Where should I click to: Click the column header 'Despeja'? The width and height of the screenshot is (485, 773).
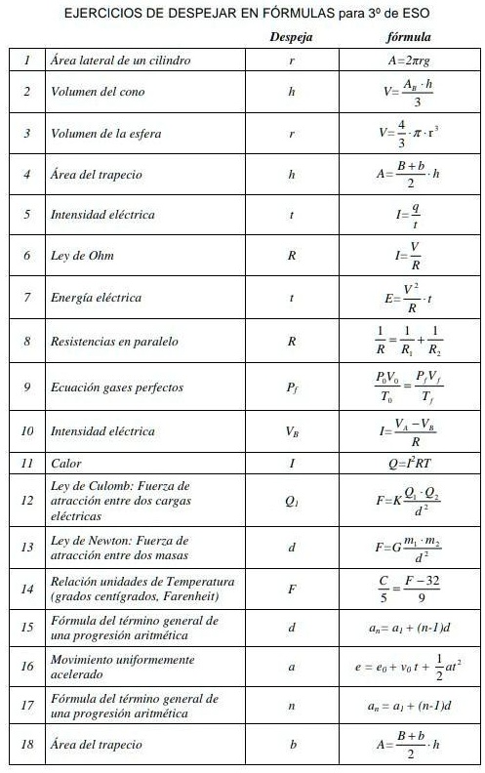(291, 38)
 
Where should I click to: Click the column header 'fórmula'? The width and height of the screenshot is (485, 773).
(409, 38)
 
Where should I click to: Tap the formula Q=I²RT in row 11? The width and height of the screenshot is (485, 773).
(409, 464)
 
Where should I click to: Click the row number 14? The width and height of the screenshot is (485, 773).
(27, 589)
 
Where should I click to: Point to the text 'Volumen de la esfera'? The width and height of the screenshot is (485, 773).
(105, 133)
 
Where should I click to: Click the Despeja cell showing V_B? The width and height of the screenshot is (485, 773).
(292, 430)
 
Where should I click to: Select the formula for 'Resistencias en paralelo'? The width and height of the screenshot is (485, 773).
(409, 343)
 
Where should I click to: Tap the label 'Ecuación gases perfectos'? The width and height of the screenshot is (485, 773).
(116, 387)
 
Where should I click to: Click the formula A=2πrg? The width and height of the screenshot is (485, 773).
(409, 61)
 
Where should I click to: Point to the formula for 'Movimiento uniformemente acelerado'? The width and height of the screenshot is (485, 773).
(409, 668)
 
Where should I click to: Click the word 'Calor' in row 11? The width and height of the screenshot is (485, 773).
(66, 464)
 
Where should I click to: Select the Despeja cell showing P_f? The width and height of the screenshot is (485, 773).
(292, 387)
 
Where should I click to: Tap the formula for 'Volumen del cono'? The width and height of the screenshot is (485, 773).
(409, 92)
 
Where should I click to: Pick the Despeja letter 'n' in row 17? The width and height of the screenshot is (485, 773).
(292, 706)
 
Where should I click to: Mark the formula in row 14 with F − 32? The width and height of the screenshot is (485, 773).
(409, 589)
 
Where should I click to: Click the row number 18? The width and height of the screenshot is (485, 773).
(27, 745)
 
